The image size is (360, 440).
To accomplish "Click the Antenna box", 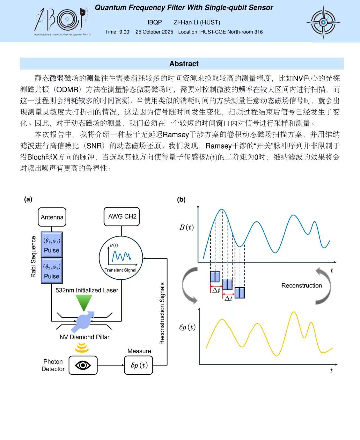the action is click(x=52, y=217).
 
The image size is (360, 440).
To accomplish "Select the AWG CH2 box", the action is click(x=121, y=217).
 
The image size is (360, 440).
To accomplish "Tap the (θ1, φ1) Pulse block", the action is click(x=51, y=244).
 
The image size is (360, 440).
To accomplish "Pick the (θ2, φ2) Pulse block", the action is click(x=51, y=271).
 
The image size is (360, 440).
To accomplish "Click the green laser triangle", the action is click(x=84, y=303).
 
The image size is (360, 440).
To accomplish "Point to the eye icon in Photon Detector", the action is click(x=83, y=365).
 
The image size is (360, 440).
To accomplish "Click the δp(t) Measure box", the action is click(x=138, y=365).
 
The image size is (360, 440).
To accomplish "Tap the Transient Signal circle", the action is click(x=121, y=258).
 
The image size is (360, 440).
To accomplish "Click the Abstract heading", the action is click(x=184, y=64).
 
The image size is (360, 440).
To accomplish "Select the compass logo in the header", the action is click(x=323, y=22).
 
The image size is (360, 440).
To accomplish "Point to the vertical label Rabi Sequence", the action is click(x=33, y=257).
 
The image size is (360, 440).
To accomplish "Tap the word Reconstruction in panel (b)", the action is click(x=301, y=285).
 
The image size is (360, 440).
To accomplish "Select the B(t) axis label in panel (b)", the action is click(x=186, y=227).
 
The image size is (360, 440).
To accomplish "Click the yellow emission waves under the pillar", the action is click(x=82, y=347).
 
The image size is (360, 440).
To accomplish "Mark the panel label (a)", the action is click(x=28, y=199).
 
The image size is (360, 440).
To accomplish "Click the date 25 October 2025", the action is click(x=154, y=32).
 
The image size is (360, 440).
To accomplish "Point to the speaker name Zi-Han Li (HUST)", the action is click(x=197, y=22).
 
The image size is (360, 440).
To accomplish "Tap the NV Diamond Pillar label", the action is click(x=84, y=337).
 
